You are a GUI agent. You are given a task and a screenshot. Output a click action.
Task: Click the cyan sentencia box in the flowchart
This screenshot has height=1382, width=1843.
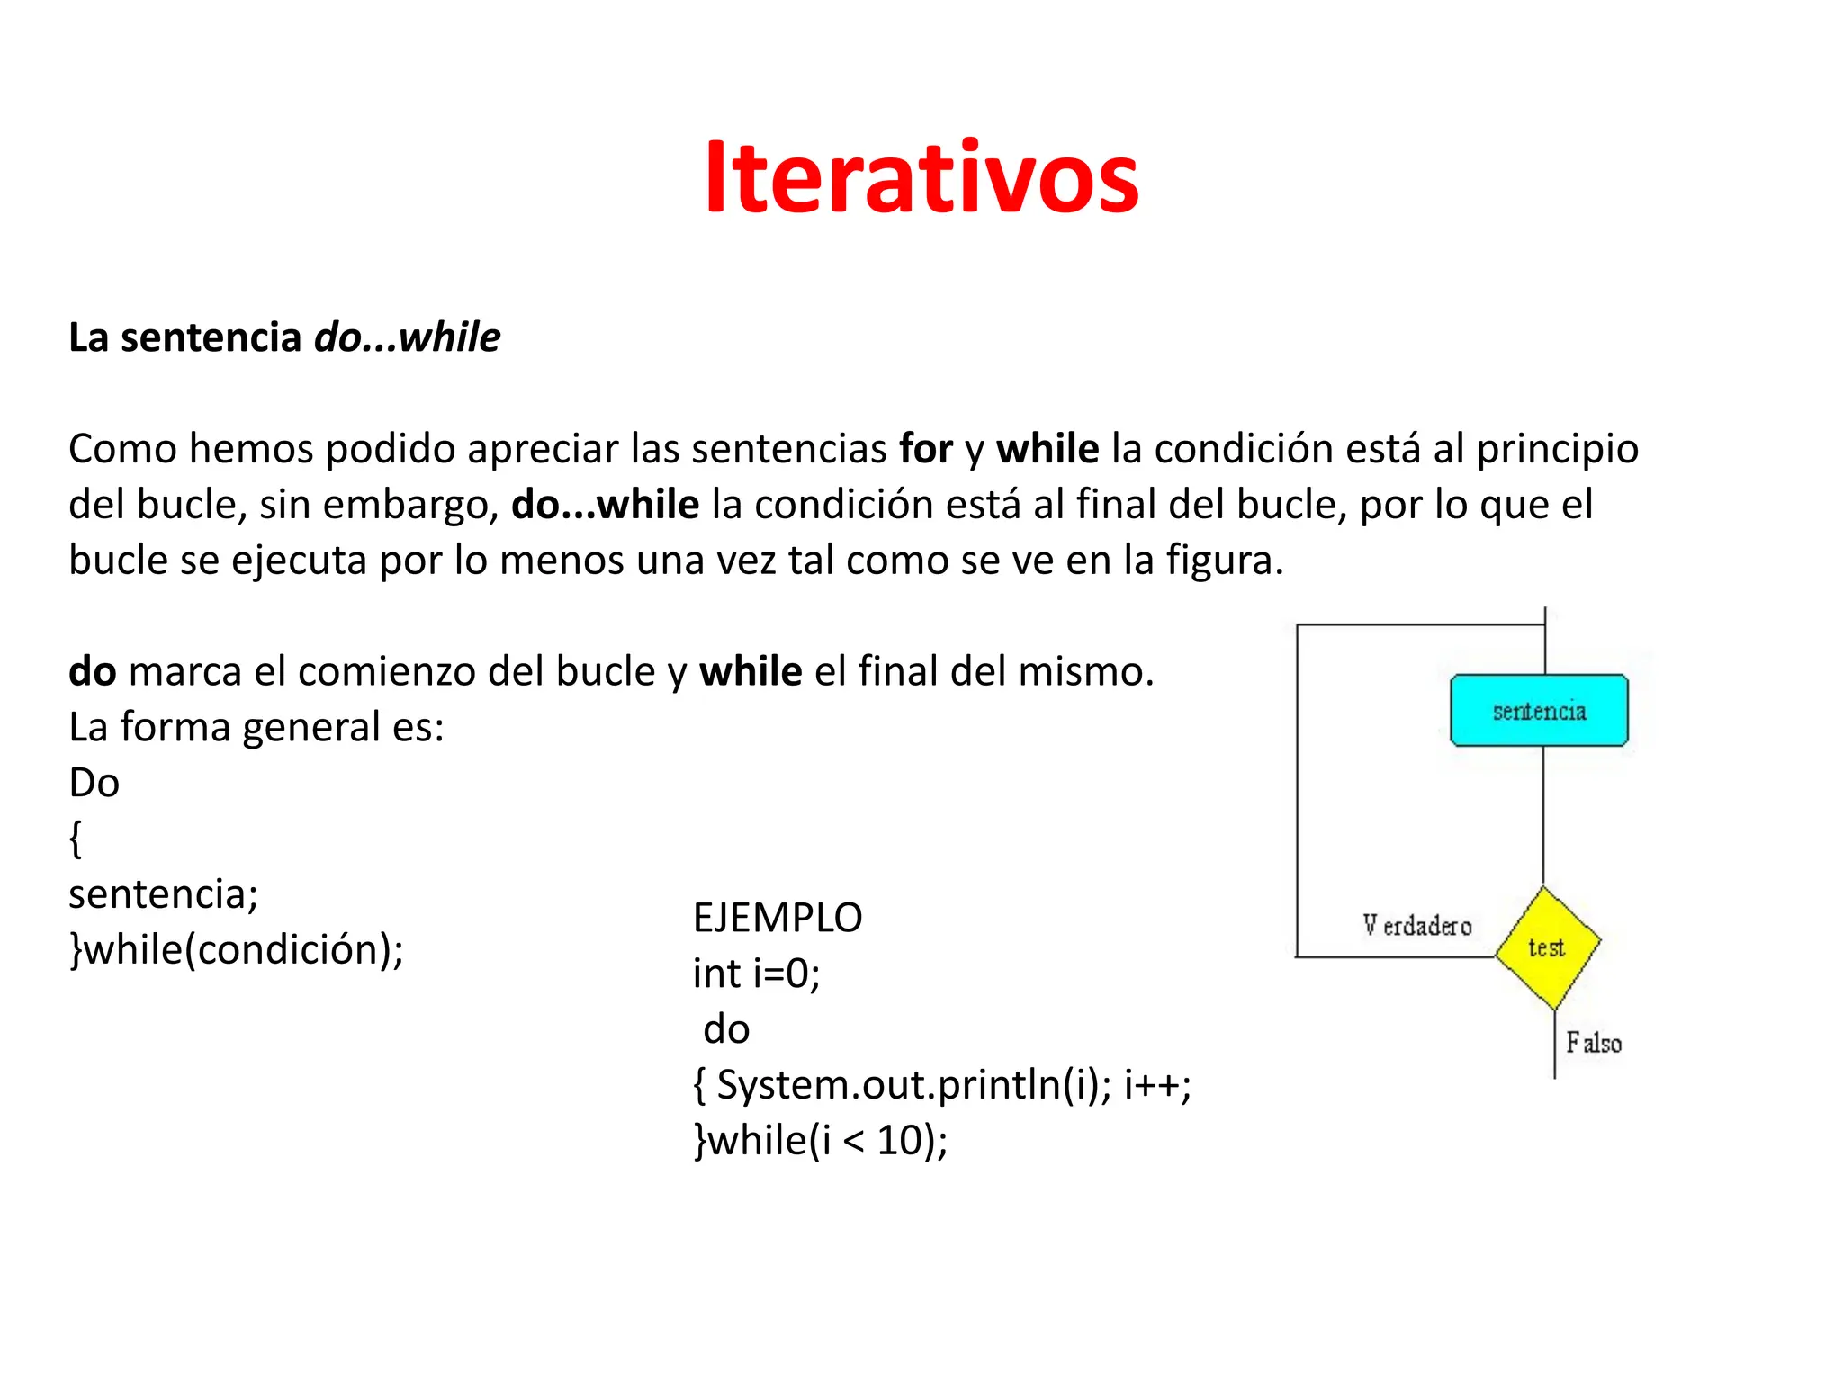1539,711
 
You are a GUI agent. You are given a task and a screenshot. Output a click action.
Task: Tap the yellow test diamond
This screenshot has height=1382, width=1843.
1547,947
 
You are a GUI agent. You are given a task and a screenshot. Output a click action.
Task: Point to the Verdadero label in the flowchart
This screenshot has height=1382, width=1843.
1416,926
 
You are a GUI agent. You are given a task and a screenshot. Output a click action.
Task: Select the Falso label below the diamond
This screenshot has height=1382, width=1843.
1594,1043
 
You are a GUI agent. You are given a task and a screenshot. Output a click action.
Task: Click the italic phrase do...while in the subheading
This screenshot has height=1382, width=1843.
407,337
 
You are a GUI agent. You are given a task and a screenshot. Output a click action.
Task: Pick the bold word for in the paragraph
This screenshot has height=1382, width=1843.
926,448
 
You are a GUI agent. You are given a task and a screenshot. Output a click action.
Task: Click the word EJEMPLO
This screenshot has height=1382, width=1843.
778,918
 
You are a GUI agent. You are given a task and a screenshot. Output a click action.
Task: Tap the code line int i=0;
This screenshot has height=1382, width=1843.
756,974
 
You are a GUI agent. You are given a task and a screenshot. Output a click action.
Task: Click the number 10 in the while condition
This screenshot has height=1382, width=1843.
901,1141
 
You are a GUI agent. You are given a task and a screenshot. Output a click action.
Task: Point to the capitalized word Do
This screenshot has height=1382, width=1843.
94,783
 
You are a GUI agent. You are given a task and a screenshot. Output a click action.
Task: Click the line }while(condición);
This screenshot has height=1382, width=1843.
237,950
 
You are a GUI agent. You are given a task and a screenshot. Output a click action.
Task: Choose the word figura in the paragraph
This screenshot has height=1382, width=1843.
1225,561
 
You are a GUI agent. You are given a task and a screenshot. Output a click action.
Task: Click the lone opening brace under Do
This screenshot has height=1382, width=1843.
76,839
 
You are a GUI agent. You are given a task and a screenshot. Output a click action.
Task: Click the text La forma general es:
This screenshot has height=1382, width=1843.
256,727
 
